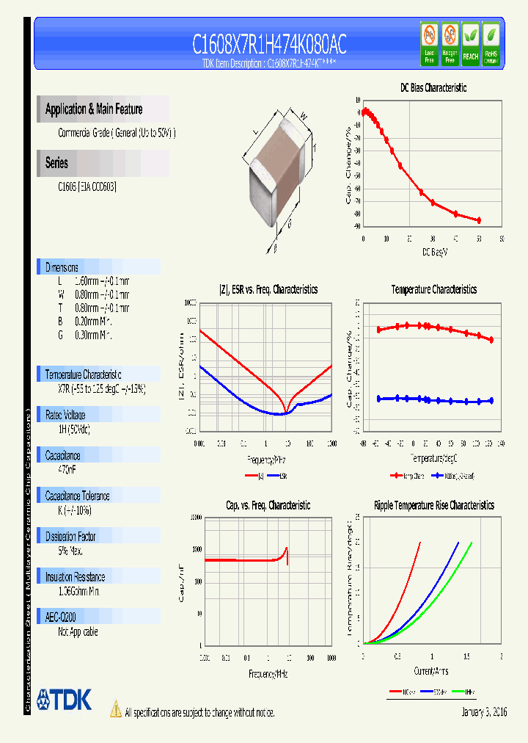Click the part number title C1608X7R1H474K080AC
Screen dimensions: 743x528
pos(269,45)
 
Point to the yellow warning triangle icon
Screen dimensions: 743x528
pos(115,709)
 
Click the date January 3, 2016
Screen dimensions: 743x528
pos(484,712)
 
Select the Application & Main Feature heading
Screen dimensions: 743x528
pos(94,109)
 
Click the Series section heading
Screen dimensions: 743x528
pos(56,163)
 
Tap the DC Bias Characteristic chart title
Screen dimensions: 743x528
pos(433,87)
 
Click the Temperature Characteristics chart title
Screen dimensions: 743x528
pos(433,289)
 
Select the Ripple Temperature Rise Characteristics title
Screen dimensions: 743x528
pos(433,505)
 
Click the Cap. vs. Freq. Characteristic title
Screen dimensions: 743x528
pos(268,505)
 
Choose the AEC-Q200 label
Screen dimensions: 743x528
pos(61,617)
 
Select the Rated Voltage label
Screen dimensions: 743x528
pos(65,415)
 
